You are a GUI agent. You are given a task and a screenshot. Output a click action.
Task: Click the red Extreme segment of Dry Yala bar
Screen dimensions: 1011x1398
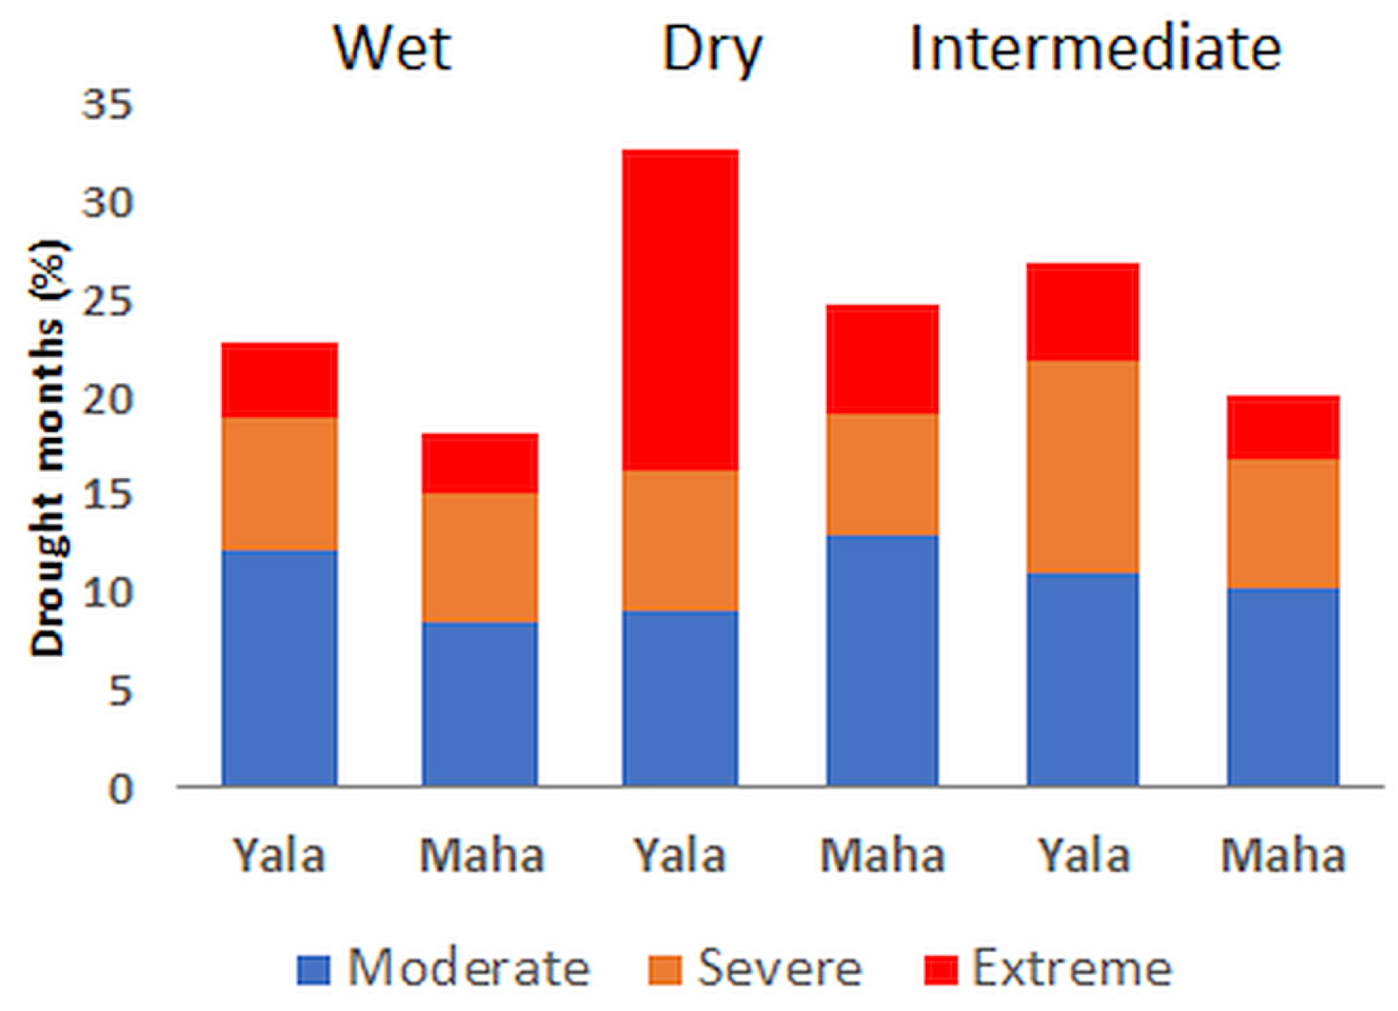pos(680,310)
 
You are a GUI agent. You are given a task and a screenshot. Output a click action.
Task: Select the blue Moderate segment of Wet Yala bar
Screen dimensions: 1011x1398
pos(280,667)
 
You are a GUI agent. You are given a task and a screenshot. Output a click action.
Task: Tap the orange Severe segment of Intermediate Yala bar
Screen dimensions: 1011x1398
pos(1083,467)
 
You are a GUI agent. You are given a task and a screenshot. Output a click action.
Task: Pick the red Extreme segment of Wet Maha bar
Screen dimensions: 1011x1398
pos(480,463)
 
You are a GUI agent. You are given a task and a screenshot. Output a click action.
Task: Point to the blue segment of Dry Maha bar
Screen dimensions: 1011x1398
pos(883,659)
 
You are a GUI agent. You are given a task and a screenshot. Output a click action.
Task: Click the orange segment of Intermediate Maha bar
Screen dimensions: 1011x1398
pos(1283,524)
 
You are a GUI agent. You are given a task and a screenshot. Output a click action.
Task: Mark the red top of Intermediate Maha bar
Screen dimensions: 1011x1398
pos(1283,428)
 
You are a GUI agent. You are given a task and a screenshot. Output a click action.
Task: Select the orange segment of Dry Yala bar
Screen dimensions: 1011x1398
pos(680,540)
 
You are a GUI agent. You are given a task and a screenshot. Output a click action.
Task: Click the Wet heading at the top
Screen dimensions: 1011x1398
pos(392,49)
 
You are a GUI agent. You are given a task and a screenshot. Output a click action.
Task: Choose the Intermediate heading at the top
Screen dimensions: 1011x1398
pos(1094,49)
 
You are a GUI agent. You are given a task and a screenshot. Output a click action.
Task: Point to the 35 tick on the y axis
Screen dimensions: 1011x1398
pos(107,104)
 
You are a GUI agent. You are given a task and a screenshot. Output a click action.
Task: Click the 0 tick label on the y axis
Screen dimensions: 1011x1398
pos(120,788)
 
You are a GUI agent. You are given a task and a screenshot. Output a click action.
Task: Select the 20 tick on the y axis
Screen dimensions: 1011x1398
pos(107,400)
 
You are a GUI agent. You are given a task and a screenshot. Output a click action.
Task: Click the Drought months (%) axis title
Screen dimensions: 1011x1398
pos(49,447)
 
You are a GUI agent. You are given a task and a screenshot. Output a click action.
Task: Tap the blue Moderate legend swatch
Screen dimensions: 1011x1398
pos(315,969)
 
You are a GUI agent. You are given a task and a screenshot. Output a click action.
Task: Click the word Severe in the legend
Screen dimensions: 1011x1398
pos(779,968)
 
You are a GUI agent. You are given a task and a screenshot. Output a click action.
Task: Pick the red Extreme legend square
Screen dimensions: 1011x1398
pos(941,969)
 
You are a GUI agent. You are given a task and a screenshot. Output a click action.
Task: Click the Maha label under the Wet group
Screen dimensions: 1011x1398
pos(481,856)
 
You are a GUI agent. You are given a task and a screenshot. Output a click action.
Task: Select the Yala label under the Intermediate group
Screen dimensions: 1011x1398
pos(1083,856)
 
